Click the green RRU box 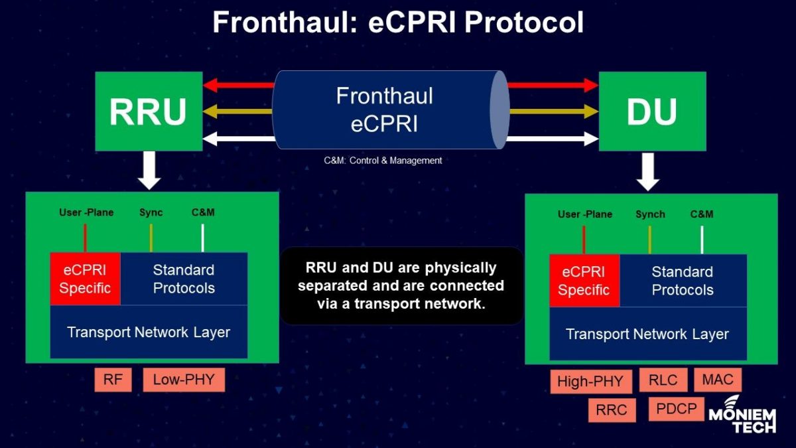[x=148, y=112]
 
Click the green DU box [x=652, y=112]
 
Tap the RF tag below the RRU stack [x=113, y=380]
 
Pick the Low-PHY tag [x=184, y=380]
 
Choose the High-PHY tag [x=590, y=382]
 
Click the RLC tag [x=663, y=380]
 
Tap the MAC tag [x=717, y=380]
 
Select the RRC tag [x=611, y=410]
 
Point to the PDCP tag [x=676, y=409]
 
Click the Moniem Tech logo [x=742, y=415]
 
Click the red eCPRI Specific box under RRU [x=85, y=279]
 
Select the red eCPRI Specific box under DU [x=584, y=281]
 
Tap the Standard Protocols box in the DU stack [x=683, y=281]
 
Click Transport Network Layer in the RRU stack [x=149, y=332]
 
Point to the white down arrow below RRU [x=151, y=170]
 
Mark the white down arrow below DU [x=649, y=170]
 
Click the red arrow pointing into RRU [x=239, y=85]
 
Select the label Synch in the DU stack [x=649, y=214]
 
